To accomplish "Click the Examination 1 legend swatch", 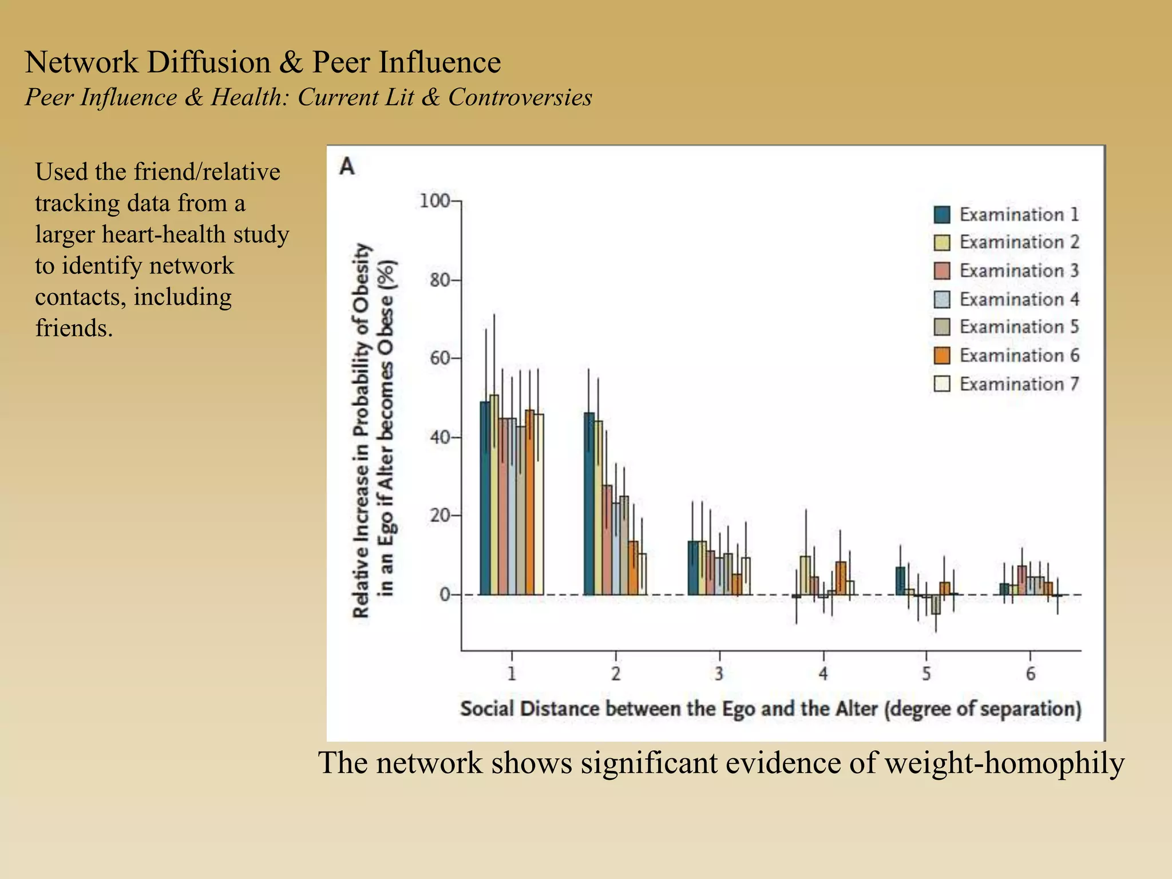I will point(941,215).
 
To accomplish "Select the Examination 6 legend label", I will point(1019,355).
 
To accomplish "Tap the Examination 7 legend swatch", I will point(941,383).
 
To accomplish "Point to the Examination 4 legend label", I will point(1019,299).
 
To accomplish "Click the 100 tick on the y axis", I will point(434,201).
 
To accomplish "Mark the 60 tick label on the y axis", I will point(439,358).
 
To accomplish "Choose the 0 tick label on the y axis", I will point(445,595).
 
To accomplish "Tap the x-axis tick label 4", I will point(823,674).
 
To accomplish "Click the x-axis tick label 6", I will point(1030,674).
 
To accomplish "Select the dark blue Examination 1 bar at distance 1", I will point(485,498).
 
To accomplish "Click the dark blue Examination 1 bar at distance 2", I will point(589,504).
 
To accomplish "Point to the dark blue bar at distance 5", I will point(900,581).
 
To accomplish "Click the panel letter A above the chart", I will point(347,167).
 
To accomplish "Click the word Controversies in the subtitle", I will point(520,97).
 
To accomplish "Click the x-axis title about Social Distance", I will point(771,708).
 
